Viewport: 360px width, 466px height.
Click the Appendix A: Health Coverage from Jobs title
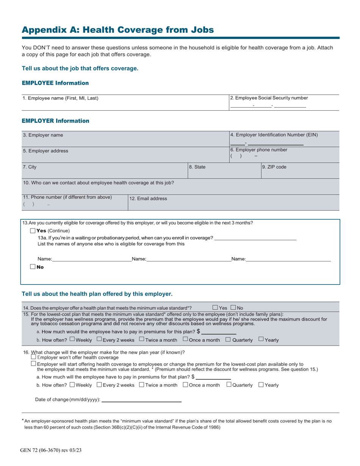point(117,30)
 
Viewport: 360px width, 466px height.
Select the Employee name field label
point(61,98)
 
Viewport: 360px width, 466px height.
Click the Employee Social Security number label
point(269,98)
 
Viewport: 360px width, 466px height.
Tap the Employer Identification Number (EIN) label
point(274,134)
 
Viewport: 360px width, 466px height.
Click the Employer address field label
point(45,151)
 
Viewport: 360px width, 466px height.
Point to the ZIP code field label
point(274,167)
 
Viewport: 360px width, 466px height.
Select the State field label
point(197,167)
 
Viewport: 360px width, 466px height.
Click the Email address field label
point(148,199)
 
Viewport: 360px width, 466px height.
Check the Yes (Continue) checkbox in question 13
point(33,231)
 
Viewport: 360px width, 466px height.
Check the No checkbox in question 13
point(33,267)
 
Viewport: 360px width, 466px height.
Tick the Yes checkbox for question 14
point(215,308)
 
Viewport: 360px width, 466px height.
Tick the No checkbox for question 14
point(233,308)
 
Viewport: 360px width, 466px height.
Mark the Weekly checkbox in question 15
point(72,339)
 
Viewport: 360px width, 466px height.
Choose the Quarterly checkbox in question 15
point(228,339)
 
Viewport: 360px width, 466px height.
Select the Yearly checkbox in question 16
point(261,385)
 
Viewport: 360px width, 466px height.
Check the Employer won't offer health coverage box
point(33,357)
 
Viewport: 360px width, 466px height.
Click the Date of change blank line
point(141,399)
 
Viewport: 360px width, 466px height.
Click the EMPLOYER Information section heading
point(55,121)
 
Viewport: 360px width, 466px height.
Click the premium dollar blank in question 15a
point(219,332)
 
